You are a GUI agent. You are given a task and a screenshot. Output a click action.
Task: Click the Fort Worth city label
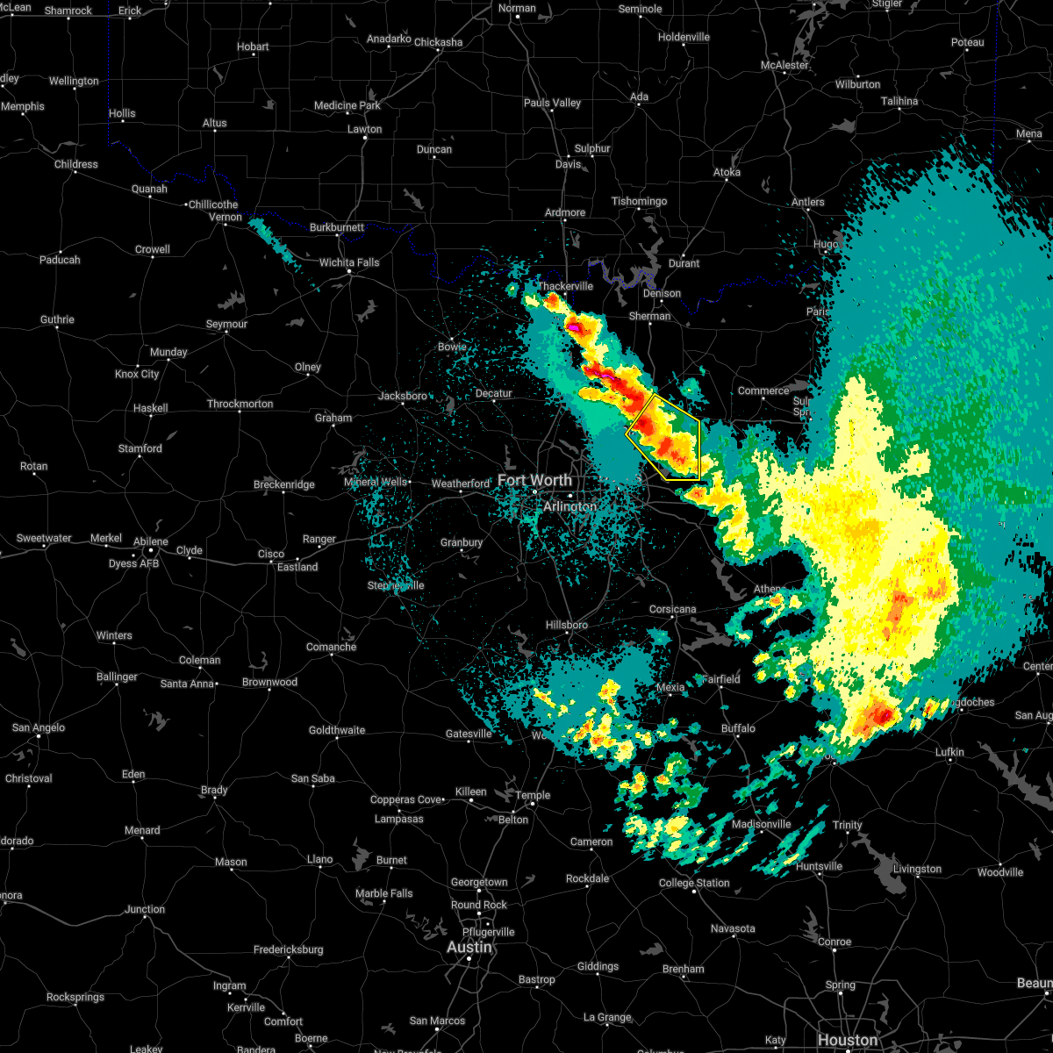(x=534, y=480)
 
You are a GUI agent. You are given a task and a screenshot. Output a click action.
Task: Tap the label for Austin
(x=469, y=947)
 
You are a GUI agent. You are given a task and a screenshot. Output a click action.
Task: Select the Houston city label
(x=847, y=1040)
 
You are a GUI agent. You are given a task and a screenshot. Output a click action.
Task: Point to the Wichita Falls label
(x=349, y=262)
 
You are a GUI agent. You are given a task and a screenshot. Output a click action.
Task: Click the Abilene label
(x=150, y=541)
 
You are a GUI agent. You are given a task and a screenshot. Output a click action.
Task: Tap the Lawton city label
(x=364, y=129)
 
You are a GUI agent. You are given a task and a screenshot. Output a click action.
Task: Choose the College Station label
(x=694, y=883)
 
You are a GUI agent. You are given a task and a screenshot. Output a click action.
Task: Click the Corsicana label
(x=673, y=609)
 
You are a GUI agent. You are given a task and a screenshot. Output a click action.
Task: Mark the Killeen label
(x=470, y=792)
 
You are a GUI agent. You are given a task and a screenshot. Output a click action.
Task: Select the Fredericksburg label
(x=288, y=949)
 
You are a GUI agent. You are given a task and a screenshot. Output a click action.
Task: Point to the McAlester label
(x=784, y=65)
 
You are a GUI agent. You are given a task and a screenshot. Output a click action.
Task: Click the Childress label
(x=76, y=164)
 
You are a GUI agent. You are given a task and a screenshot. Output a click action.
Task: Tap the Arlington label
(x=569, y=506)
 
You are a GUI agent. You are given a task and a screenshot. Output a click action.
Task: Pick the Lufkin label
(x=949, y=752)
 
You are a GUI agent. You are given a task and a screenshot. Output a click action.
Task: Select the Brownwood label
(x=269, y=682)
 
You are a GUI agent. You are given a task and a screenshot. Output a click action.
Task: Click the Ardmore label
(x=565, y=212)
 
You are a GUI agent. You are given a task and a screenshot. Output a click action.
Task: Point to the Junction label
(x=145, y=909)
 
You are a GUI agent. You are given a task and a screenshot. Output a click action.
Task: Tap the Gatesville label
(x=469, y=734)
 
